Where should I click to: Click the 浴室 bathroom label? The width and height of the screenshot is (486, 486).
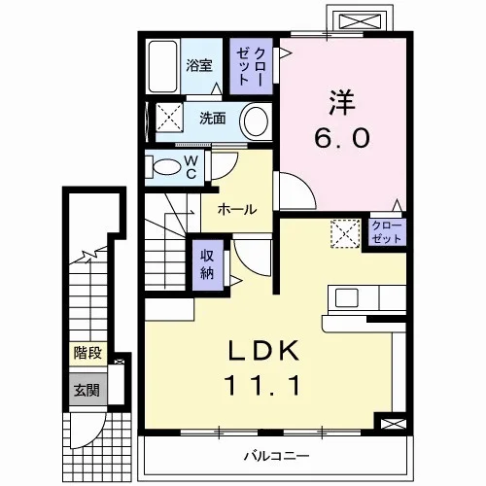pos(199,66)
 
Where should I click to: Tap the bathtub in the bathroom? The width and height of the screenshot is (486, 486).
pos(163,66)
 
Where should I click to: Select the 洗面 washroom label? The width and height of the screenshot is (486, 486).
pos(213,119)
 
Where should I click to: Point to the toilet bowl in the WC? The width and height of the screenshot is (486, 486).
pos(165,167)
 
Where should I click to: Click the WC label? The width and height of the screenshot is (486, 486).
pos(191,167)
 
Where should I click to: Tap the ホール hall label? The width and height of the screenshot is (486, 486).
pos(237,210)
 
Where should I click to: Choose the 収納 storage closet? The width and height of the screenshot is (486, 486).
pos(208,264)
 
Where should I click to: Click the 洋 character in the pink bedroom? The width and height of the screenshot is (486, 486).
pos(342,102)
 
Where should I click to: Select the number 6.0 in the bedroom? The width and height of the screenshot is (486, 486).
pos(341,137)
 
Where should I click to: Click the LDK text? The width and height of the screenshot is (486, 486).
pos(263,351)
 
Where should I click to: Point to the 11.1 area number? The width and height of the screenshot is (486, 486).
pos(262,386)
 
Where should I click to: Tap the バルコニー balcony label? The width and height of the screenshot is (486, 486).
pos(276,457)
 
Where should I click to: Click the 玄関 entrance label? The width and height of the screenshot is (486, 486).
pos(87,391)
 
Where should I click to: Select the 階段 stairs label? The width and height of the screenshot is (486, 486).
pos(87,353)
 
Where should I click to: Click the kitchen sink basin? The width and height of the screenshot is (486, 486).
pos(346,297)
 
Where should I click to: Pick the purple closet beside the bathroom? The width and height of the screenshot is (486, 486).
pos(251,66)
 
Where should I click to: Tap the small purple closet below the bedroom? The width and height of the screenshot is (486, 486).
pos(387,232)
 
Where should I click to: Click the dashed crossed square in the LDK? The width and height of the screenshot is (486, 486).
pos(345,233)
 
